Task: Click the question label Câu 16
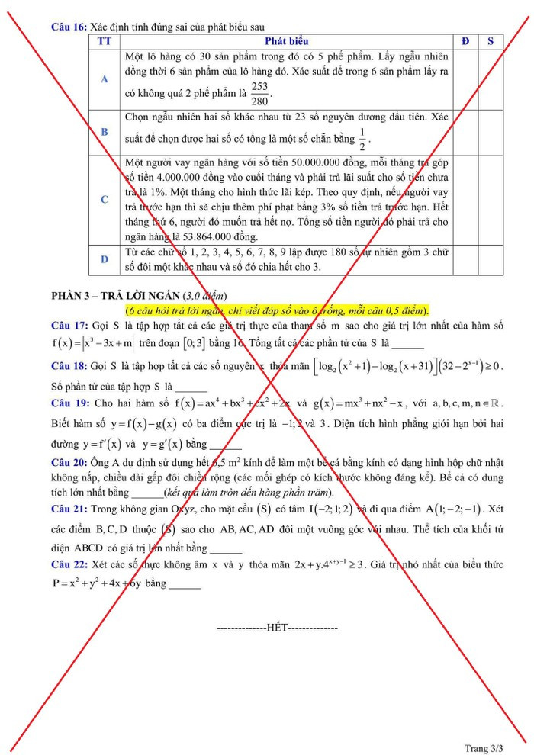[x=69, y=27]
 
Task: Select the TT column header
[x=104, y=41]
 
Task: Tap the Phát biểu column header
[x=287, y=41]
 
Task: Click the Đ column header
[x=465, y=41]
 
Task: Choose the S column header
[x=491, y=41]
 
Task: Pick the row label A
[x=104, y=79]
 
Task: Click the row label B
[x=104, y=131]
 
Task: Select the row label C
[x=104, y=199]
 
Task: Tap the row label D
[x=104, y=259]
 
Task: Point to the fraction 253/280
[x=259, y=94]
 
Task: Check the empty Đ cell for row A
[x=465, y=79]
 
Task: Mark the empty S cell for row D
[x=491, y=259]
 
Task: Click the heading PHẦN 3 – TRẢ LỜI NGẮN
[x=115, y=295]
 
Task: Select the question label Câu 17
[x=69, y=326]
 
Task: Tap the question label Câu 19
[x=70, y=402]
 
